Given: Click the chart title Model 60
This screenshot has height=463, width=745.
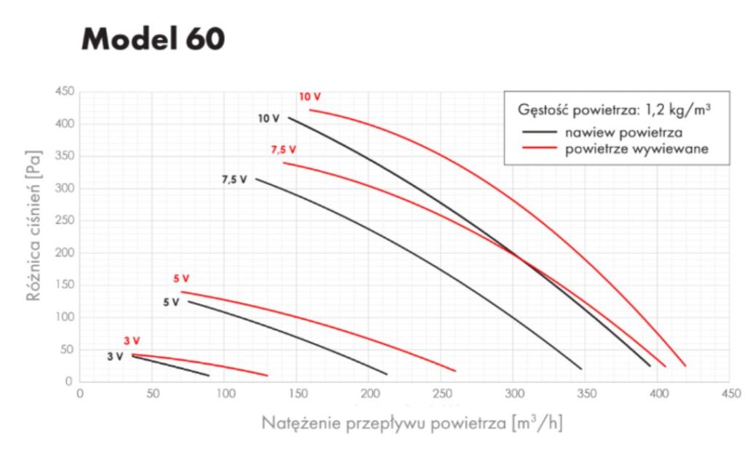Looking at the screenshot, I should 153,39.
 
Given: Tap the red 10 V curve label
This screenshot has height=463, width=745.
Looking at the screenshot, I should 309,96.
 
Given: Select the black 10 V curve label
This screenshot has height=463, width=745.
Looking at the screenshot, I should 269,118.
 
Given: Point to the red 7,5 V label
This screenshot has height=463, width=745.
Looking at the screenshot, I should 283,150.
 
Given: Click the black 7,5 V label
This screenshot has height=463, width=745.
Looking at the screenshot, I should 234,179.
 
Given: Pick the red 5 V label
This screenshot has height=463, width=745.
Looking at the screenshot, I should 181,278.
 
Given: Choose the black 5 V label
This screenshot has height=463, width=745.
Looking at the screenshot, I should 170,302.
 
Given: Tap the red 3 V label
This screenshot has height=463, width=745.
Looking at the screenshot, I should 131,340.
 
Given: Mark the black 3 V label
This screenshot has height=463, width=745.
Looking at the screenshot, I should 115,357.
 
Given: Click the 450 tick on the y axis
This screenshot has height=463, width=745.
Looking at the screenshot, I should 64,92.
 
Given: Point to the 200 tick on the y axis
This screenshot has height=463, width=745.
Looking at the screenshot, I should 64,253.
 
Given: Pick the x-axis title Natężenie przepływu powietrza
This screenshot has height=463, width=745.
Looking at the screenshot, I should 411,423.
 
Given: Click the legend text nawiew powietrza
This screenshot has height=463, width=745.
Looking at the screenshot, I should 623,132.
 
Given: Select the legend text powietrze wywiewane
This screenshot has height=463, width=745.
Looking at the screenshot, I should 637,149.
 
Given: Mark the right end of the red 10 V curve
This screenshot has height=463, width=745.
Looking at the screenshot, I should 685,365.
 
